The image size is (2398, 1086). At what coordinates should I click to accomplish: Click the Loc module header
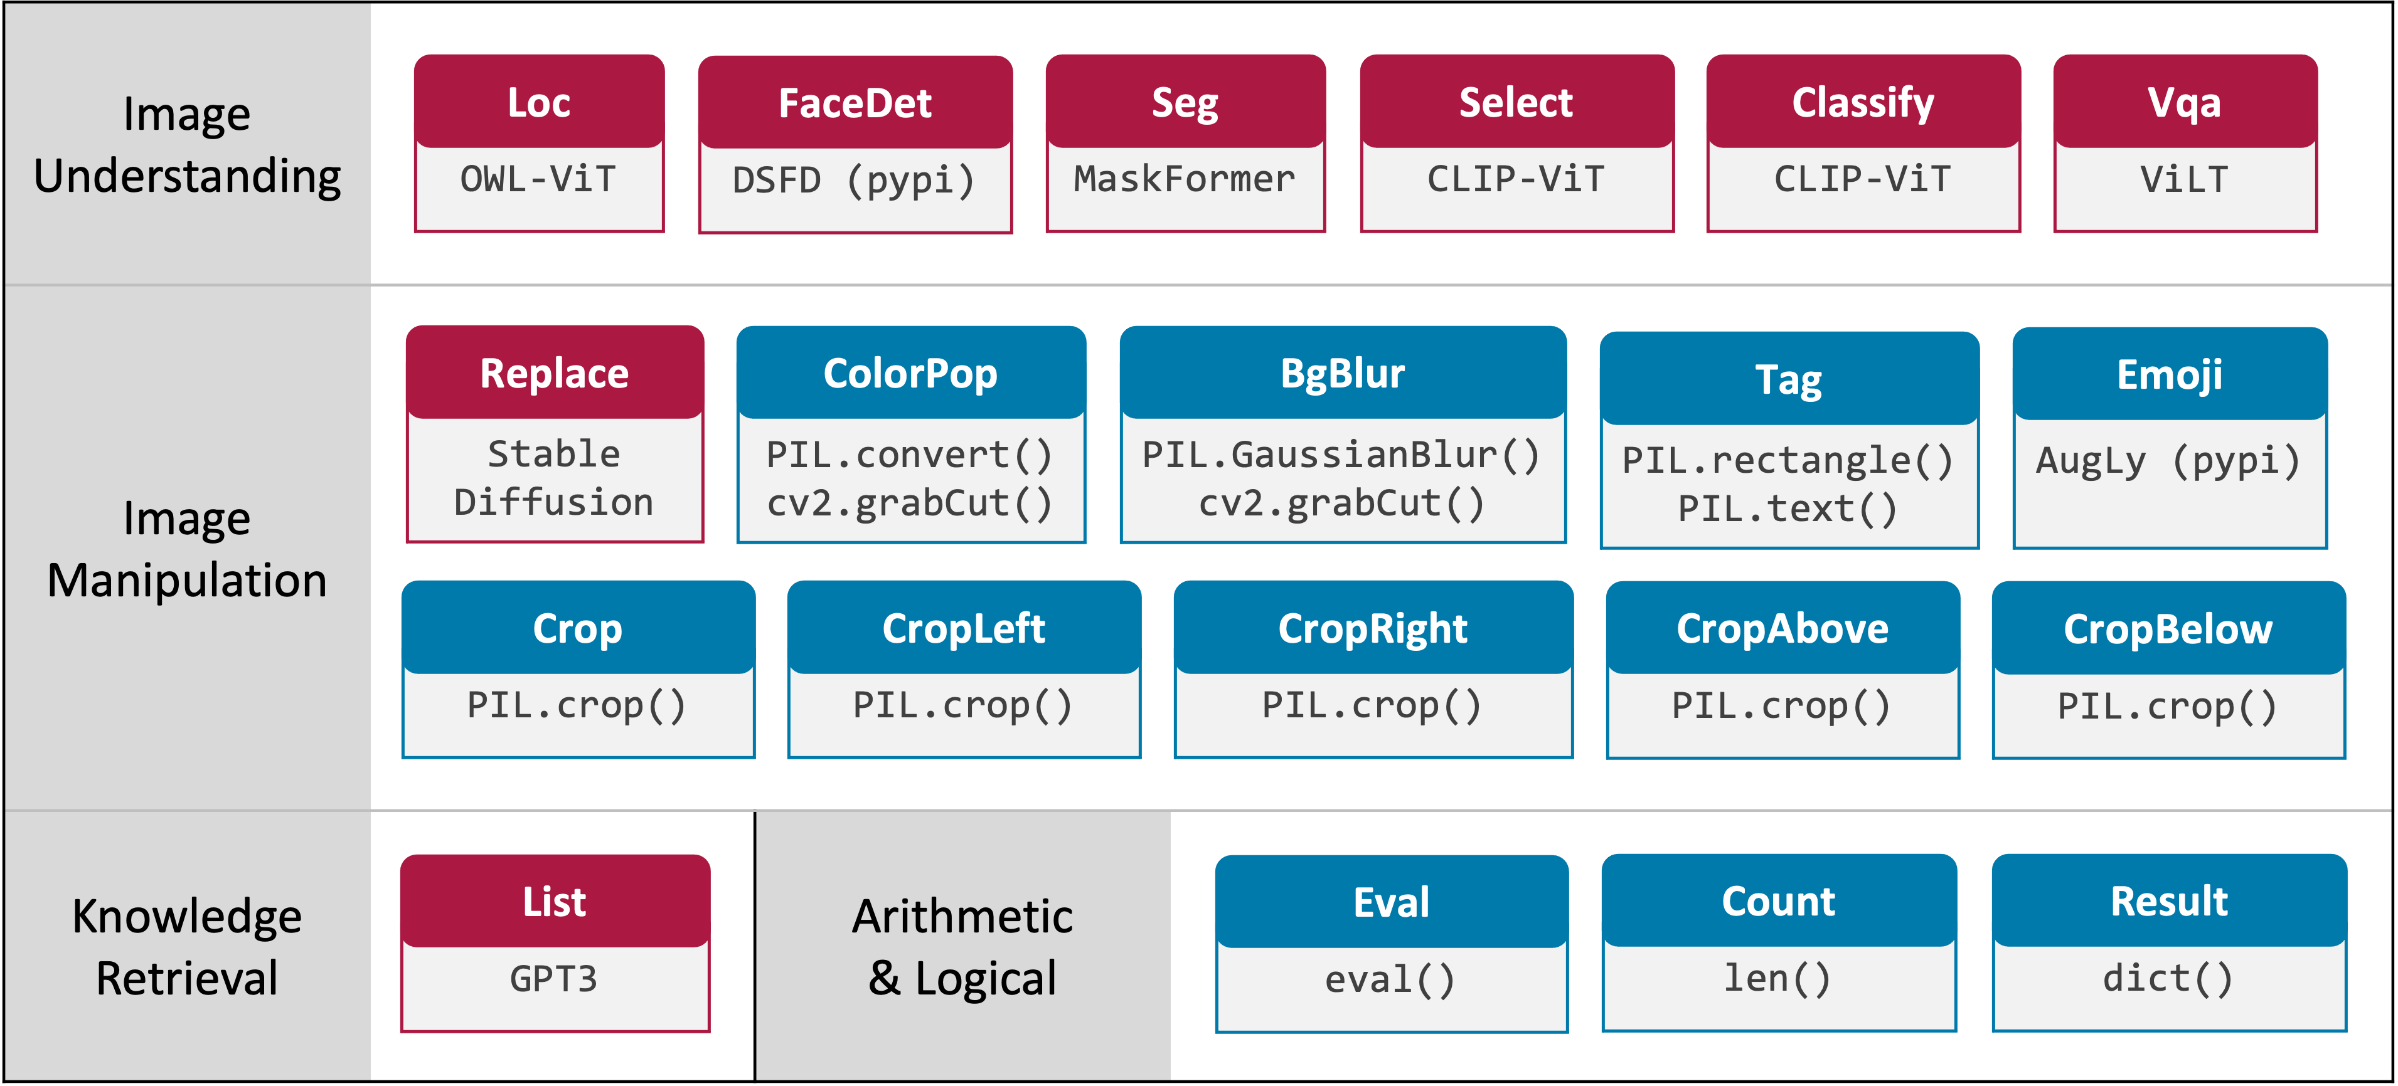pos(539,102)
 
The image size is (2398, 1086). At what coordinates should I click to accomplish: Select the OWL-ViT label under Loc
pos(538,179)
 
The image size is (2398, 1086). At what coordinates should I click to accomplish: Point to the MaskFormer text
pos(1184,179)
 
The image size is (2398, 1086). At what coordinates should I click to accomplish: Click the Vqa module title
pos(2184,102)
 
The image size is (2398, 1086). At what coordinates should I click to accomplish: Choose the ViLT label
pos(2184,179)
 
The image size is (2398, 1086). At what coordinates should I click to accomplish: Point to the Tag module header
pos(1788,380)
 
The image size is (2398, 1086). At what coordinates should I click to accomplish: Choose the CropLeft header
pos(964,629)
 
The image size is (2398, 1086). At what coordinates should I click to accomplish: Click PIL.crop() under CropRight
pos(1372,705)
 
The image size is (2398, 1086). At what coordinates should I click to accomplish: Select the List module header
pos(554,902)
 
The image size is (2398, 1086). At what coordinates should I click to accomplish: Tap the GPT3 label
pos(554,979)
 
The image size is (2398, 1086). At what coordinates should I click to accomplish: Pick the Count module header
pos(1778,902)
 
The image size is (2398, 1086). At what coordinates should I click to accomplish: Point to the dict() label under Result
pos(2168,979)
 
